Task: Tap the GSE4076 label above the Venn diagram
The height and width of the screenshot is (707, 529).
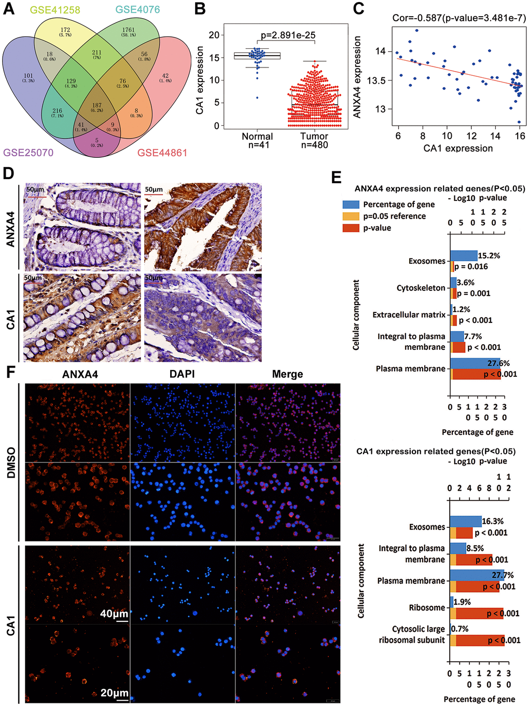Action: point(137,10)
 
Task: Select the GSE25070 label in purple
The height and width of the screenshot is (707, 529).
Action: point(29,153)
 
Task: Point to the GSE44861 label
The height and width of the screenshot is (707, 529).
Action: point(162,153)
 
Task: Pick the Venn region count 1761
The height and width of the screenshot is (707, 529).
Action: point(128,31)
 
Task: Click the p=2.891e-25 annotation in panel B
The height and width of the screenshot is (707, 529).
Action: point(288,35)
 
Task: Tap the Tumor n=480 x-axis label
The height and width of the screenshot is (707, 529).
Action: point(314,141)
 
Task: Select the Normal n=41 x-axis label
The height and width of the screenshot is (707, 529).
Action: point(257,141)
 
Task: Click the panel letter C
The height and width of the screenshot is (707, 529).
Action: point(358,9)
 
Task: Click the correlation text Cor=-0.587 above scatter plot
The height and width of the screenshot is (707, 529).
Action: point(459,18)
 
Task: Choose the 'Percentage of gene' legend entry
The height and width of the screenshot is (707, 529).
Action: point(398,205)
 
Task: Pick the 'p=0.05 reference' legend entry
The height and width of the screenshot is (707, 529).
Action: point(394,216)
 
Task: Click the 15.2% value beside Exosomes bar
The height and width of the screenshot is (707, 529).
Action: point(489,255)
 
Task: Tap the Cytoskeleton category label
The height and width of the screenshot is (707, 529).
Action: point(421,288)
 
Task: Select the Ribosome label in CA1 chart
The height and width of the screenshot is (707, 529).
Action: point(427,607)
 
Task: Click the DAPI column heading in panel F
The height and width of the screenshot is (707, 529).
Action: point(182,374)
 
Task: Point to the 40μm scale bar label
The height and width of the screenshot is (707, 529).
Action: point(114,614)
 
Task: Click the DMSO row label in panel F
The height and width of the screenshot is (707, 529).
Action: point(10,463)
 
